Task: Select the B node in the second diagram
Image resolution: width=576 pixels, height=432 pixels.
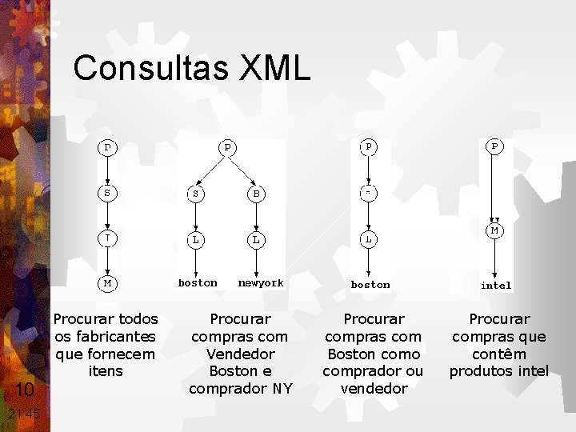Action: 256,193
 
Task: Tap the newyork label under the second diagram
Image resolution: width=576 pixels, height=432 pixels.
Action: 261,283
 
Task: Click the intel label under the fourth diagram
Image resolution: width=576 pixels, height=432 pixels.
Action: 496,285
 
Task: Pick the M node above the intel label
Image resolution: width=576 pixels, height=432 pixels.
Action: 495,230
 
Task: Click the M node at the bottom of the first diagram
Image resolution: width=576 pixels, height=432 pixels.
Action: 106,283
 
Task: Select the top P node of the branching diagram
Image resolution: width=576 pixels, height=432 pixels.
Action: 227,147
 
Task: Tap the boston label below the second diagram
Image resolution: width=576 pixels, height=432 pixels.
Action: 198,283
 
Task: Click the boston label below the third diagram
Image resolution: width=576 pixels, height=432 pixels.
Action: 370,285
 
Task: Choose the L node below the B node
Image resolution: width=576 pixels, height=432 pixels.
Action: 256,239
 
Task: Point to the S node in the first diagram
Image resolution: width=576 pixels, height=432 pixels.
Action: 106,193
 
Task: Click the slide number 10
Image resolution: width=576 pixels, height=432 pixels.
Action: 25,390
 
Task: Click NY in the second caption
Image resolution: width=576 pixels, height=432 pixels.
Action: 282,389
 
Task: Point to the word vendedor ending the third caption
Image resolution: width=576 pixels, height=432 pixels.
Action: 373,389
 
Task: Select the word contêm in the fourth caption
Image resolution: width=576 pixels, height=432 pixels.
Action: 498,354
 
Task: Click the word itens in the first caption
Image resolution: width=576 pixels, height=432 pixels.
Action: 106,371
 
